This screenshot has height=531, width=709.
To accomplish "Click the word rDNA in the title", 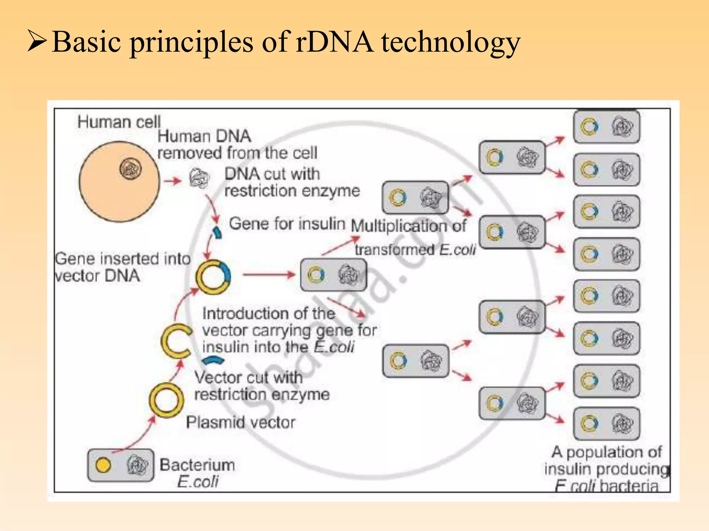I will point(334,42).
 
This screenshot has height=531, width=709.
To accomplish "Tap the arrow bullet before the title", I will point(37,41).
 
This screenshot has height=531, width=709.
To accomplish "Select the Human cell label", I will point(119,122).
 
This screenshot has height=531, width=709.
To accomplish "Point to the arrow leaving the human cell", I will point(172,180).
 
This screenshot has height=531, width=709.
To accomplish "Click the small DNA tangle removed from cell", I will point(199,178).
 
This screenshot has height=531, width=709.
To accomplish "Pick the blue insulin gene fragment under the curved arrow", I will point(217,232).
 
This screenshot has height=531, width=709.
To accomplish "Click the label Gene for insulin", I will point(287,224).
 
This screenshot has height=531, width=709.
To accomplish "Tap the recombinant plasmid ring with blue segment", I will point(213,277).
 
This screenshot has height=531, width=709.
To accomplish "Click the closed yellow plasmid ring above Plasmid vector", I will point(167,400).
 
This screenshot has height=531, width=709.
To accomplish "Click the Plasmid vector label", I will point(241,422).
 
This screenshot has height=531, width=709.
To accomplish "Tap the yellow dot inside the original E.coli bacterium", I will point(103,465).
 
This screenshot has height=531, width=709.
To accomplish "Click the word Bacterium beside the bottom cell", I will point(197,465).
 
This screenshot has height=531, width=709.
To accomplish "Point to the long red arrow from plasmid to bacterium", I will point(268,275).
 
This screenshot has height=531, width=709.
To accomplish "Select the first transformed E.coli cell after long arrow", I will point(333,275).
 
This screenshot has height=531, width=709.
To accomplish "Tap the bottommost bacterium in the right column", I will point(607,423).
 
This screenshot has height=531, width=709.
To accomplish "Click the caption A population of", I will point(607,452).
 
